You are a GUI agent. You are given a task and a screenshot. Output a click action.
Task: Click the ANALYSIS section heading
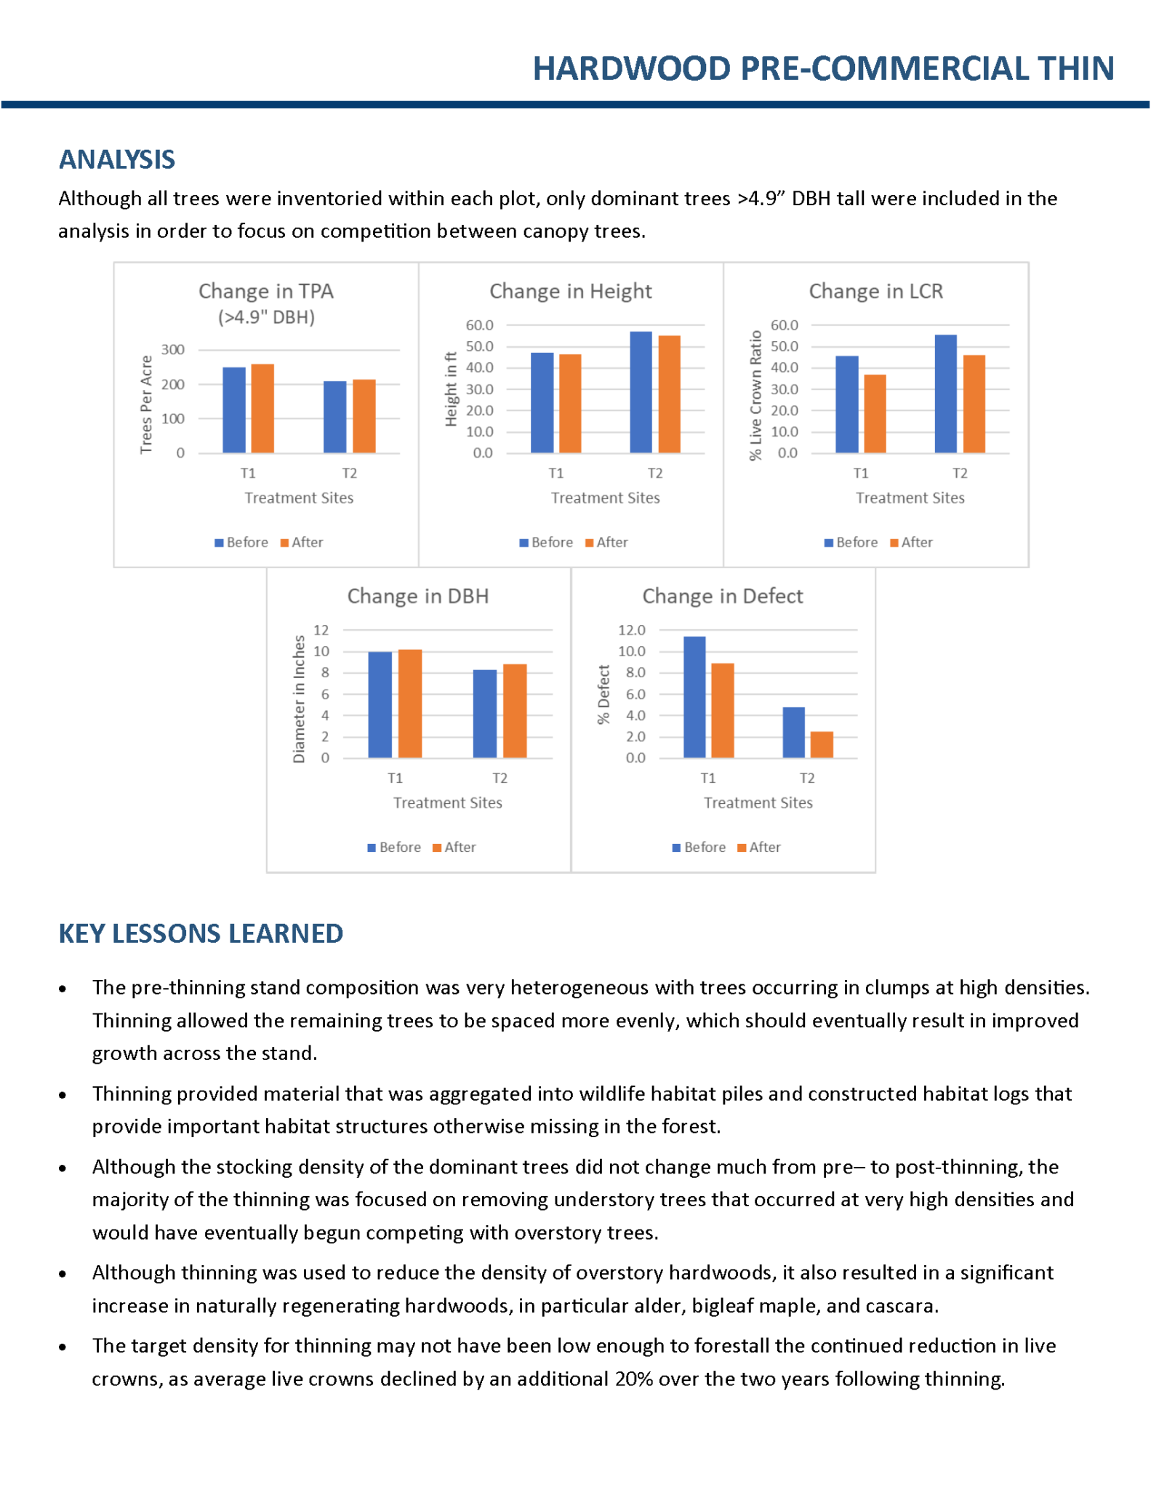117,159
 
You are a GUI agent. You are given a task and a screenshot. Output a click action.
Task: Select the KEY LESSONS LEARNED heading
201,933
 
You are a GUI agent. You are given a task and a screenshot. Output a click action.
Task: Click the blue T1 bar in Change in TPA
234,410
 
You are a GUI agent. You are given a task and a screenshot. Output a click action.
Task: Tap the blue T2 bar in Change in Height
641,393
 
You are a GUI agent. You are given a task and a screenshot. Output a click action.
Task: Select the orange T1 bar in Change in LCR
875,414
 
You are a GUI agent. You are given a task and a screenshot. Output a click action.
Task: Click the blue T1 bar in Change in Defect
694,697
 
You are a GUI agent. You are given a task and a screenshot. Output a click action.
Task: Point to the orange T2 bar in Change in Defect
822,745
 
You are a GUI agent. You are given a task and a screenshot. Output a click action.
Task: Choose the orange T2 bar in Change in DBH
515,711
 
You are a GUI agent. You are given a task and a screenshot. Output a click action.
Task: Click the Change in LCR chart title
876,291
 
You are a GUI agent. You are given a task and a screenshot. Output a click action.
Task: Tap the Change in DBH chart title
418,596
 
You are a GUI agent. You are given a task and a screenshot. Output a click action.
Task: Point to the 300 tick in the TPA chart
173,350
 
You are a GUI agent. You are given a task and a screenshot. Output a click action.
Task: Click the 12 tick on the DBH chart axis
321,630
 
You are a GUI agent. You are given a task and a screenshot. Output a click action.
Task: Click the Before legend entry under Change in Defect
699,847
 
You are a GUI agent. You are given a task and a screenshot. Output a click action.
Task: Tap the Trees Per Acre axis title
146,405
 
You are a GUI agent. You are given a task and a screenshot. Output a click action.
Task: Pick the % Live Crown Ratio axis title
755,395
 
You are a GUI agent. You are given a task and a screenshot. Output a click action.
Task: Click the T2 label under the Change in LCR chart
960,474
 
